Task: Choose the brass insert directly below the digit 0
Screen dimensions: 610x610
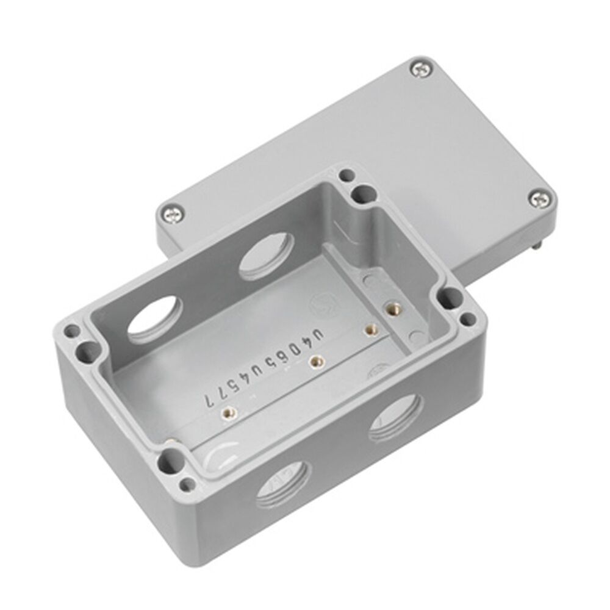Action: (x=315, y=361)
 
